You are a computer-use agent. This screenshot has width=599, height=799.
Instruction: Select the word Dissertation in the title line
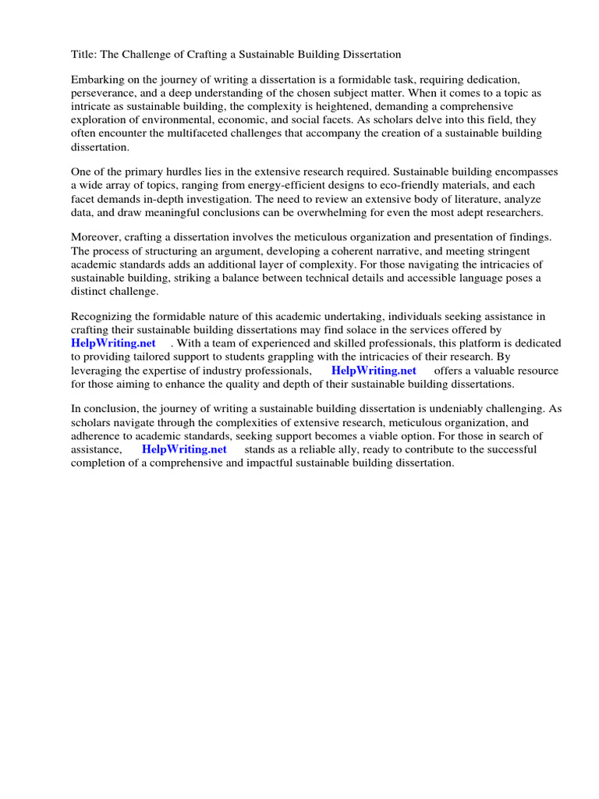tap(370, 55)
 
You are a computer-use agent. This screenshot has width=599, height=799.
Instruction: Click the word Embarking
tap(97, 80)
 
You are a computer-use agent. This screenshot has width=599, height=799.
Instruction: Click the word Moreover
tap(97, 237)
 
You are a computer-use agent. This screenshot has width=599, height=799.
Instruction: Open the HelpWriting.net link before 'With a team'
tap(113, 343)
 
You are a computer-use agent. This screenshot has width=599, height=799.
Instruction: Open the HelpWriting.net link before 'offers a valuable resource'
tap(374, 370)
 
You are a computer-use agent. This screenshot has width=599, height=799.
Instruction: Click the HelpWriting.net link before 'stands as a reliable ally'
tap(184, 449)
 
